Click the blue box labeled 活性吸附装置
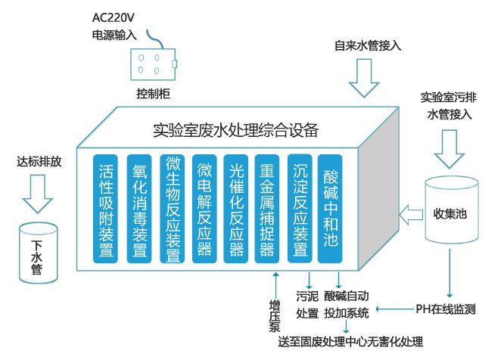(x=107, y=209)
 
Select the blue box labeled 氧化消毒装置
(x=139, y=209)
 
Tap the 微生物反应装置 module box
(x=172, y=209)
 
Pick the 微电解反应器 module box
(x=204, y=209)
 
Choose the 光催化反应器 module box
(x=236, y=209)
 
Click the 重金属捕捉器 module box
(x=268, y=209)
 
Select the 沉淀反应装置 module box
(x=300, y=209)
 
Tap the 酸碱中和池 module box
(x=331, y=209)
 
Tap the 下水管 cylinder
(x=37, y=250)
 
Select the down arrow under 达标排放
(x=37, y=193)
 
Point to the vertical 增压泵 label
(x=275, y=315)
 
